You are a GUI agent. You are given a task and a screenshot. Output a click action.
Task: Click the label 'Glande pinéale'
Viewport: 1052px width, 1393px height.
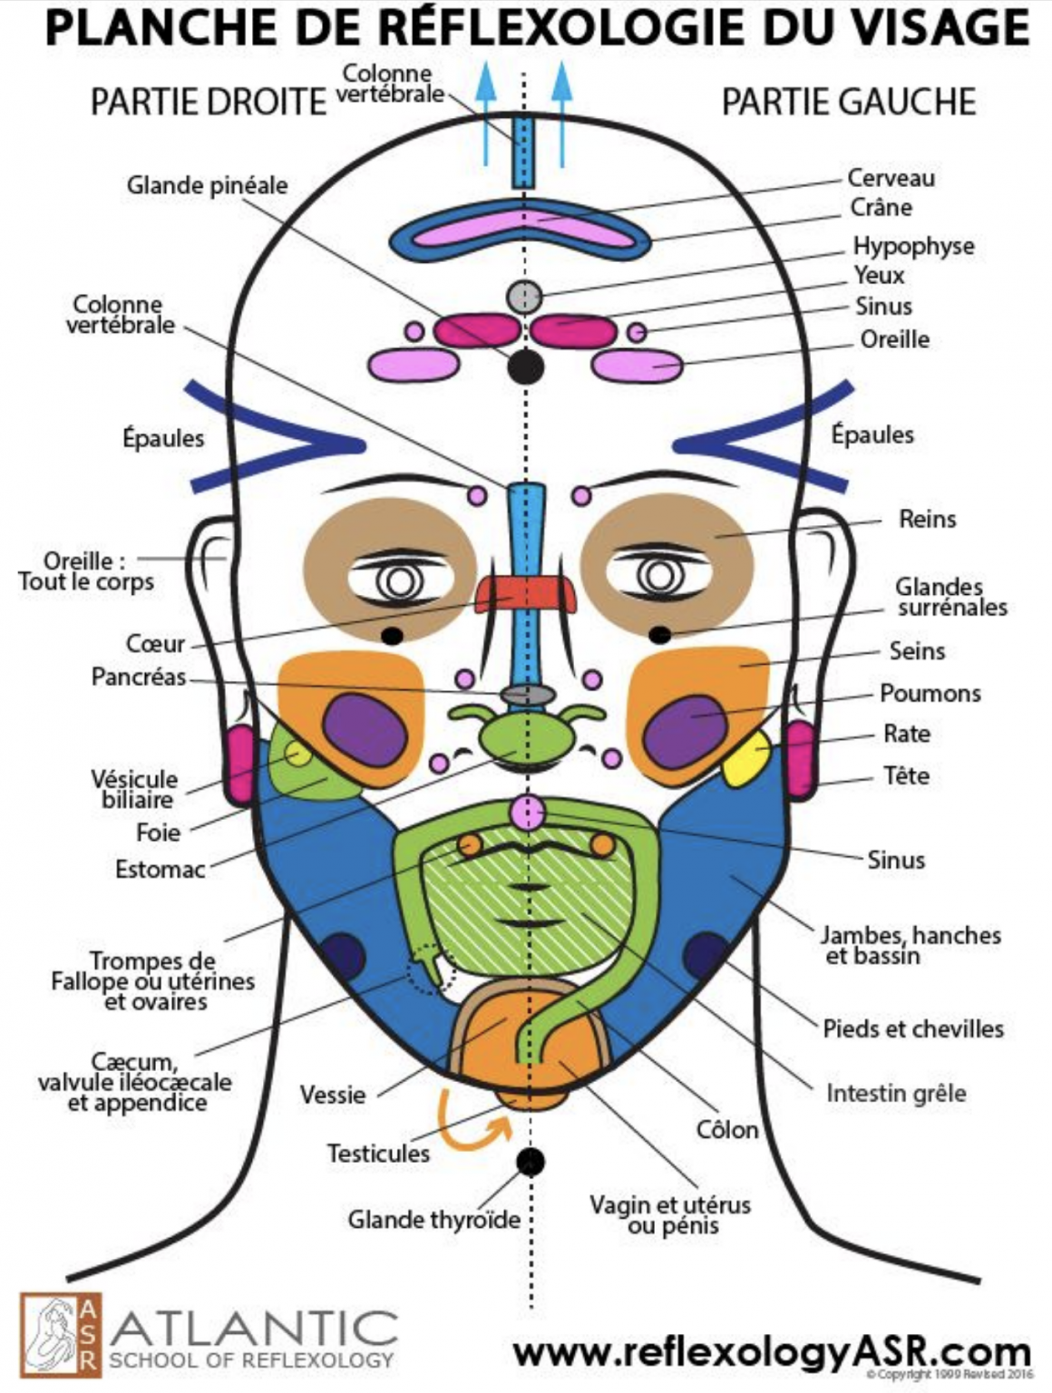(x=207, y=186)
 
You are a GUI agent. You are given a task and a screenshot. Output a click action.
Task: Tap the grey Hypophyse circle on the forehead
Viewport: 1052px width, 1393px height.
(x=523, y=296)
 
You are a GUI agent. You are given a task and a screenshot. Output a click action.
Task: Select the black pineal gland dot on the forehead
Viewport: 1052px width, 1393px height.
(x=525, y=366)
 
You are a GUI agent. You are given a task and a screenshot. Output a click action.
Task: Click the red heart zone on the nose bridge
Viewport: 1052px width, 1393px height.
(x=526, y=594)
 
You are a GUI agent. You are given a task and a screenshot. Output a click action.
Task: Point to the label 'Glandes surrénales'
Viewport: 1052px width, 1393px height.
(x=951, y=598)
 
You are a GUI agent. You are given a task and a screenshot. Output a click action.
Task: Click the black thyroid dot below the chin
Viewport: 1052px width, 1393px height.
(x=530, y=1161)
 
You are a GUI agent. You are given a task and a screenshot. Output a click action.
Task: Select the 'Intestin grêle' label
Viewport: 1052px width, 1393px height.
(x=895, y=1094)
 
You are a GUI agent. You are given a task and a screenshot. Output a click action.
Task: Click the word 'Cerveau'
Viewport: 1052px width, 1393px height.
(x=891, y=178)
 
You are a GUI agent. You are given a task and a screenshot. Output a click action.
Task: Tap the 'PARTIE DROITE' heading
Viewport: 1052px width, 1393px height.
(x=208, y=102)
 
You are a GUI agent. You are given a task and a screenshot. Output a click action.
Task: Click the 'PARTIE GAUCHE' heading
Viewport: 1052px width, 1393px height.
(x=848, y=102)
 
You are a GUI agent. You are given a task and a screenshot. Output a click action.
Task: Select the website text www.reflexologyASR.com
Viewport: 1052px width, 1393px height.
(x=771, y=1351)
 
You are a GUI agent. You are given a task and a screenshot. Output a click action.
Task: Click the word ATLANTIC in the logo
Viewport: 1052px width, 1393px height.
(x=254, y=1330)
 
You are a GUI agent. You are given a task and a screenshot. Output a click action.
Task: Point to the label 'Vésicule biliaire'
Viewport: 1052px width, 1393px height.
(x=135, y=789)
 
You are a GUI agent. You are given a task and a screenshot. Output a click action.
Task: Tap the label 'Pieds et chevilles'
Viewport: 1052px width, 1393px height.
(x=912, y=1028)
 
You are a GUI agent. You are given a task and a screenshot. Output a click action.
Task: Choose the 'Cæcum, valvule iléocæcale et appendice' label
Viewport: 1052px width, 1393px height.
(x=134, y=1082)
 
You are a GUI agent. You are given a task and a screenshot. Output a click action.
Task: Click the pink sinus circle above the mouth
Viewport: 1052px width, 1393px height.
(x=526, y=812)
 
